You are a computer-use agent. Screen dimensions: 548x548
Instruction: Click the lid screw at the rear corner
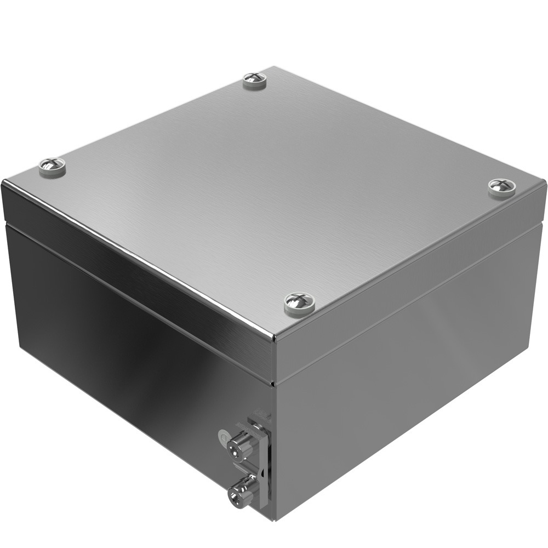(x=254, y=79)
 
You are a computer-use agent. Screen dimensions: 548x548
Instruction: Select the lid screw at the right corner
(x=501, y=186)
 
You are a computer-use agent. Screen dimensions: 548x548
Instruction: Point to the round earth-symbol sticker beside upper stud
(x=223, y=437)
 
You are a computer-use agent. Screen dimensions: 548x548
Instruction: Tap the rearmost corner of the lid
(x=274, y=67)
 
